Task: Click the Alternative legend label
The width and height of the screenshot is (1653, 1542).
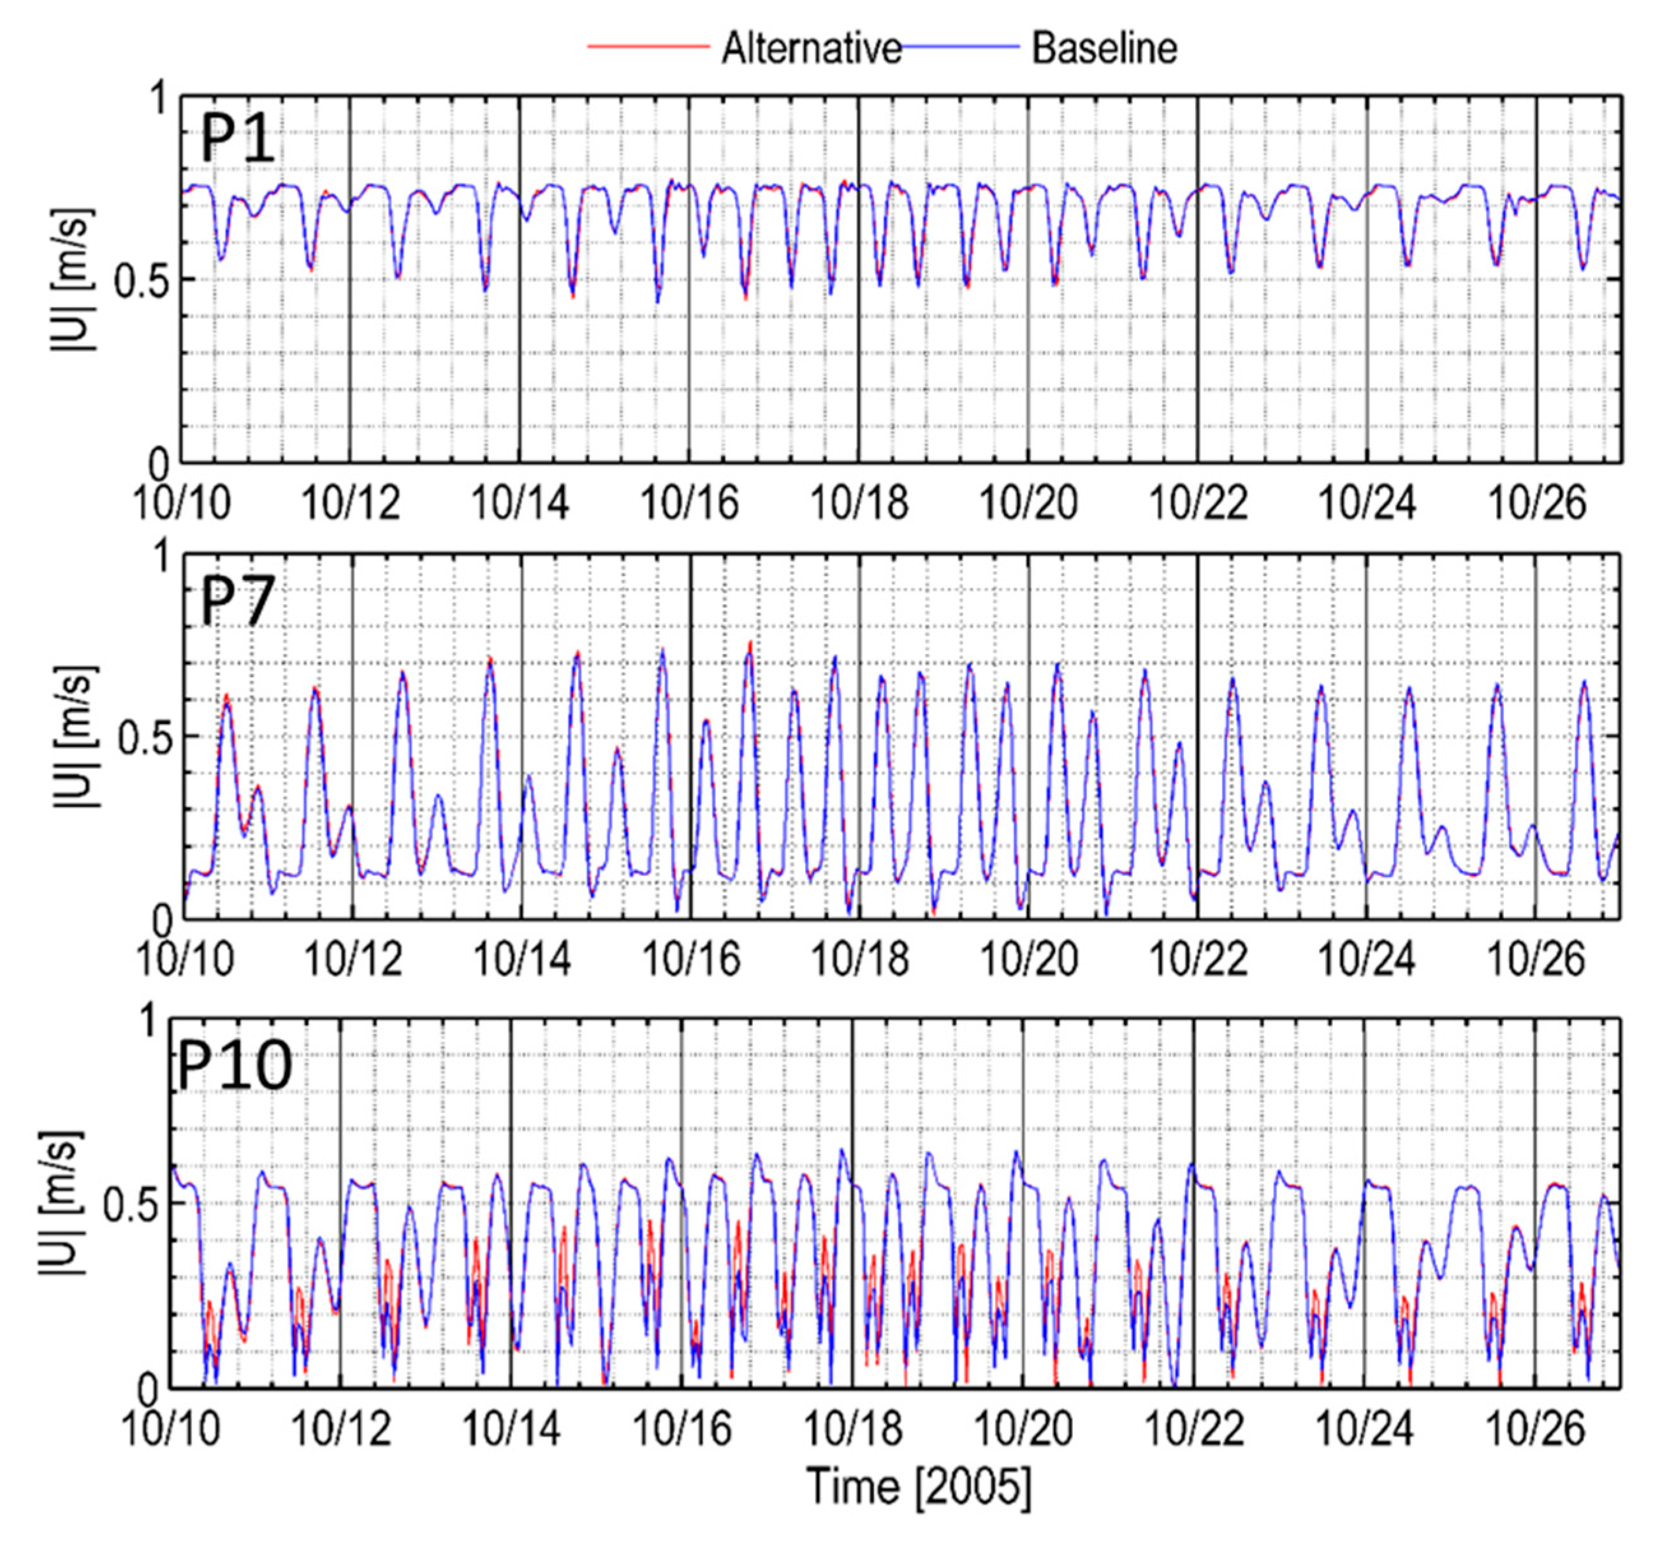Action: tap(812, 49)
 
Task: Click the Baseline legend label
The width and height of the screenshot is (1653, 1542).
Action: tap(1104, 49)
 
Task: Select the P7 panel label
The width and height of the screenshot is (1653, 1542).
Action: tap(238, 601)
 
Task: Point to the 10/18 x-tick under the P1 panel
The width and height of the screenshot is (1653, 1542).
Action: tap(859, 503)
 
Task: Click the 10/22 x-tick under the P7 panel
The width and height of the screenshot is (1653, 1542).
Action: tap(1198, 959)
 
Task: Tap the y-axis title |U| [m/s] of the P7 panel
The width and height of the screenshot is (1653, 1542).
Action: tap(75, 736)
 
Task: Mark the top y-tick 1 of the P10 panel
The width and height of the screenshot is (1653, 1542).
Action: tap(150, 1022)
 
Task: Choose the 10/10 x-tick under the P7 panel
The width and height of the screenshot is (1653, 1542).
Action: tap(185, 959)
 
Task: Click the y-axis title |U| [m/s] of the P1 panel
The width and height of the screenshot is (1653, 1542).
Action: tap(73, 279)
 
